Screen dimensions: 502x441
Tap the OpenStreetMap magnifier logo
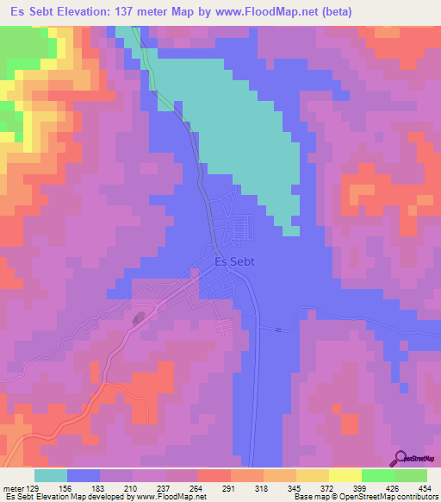tap(401, 458)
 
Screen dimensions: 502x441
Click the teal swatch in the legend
tap(51, 475)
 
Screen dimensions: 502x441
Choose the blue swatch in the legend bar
tap(84, 475)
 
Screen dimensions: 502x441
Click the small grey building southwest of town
tap(139, 318)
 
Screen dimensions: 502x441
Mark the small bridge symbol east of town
tap(278, 329)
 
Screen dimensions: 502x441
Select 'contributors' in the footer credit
tap(417, 497)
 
